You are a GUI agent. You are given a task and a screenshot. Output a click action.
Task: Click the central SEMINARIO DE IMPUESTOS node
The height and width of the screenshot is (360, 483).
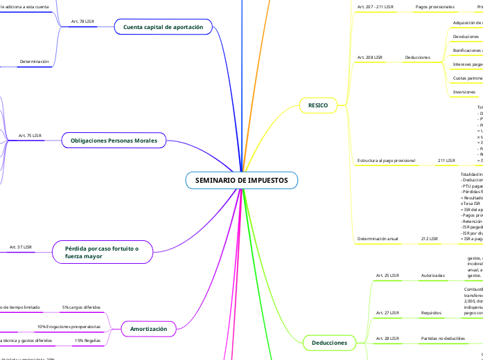(241, 181)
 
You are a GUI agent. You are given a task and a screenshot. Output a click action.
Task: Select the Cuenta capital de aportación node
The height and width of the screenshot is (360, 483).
(163, 27)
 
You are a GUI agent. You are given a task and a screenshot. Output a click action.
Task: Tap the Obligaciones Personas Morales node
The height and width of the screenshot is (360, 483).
(114, 141)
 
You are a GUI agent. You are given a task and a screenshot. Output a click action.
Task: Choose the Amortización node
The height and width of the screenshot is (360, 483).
(148, 329)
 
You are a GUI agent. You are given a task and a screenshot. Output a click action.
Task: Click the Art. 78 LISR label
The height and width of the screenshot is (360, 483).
(82, 21)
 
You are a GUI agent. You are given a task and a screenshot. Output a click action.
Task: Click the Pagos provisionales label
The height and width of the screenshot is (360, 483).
(434, 7)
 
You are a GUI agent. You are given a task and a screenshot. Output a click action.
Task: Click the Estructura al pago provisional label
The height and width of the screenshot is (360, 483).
(385, 160)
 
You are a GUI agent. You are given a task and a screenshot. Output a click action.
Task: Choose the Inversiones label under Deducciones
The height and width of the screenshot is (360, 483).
(464, 91)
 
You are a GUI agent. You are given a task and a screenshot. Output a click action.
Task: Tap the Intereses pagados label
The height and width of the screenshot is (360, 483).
(467, 64)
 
